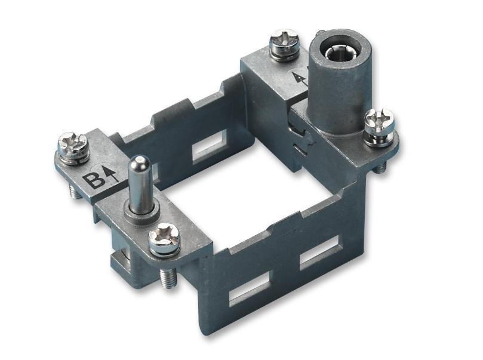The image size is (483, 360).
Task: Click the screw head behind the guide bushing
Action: (x=284, y=43)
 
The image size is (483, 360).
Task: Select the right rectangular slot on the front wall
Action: (x=319, y=251)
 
